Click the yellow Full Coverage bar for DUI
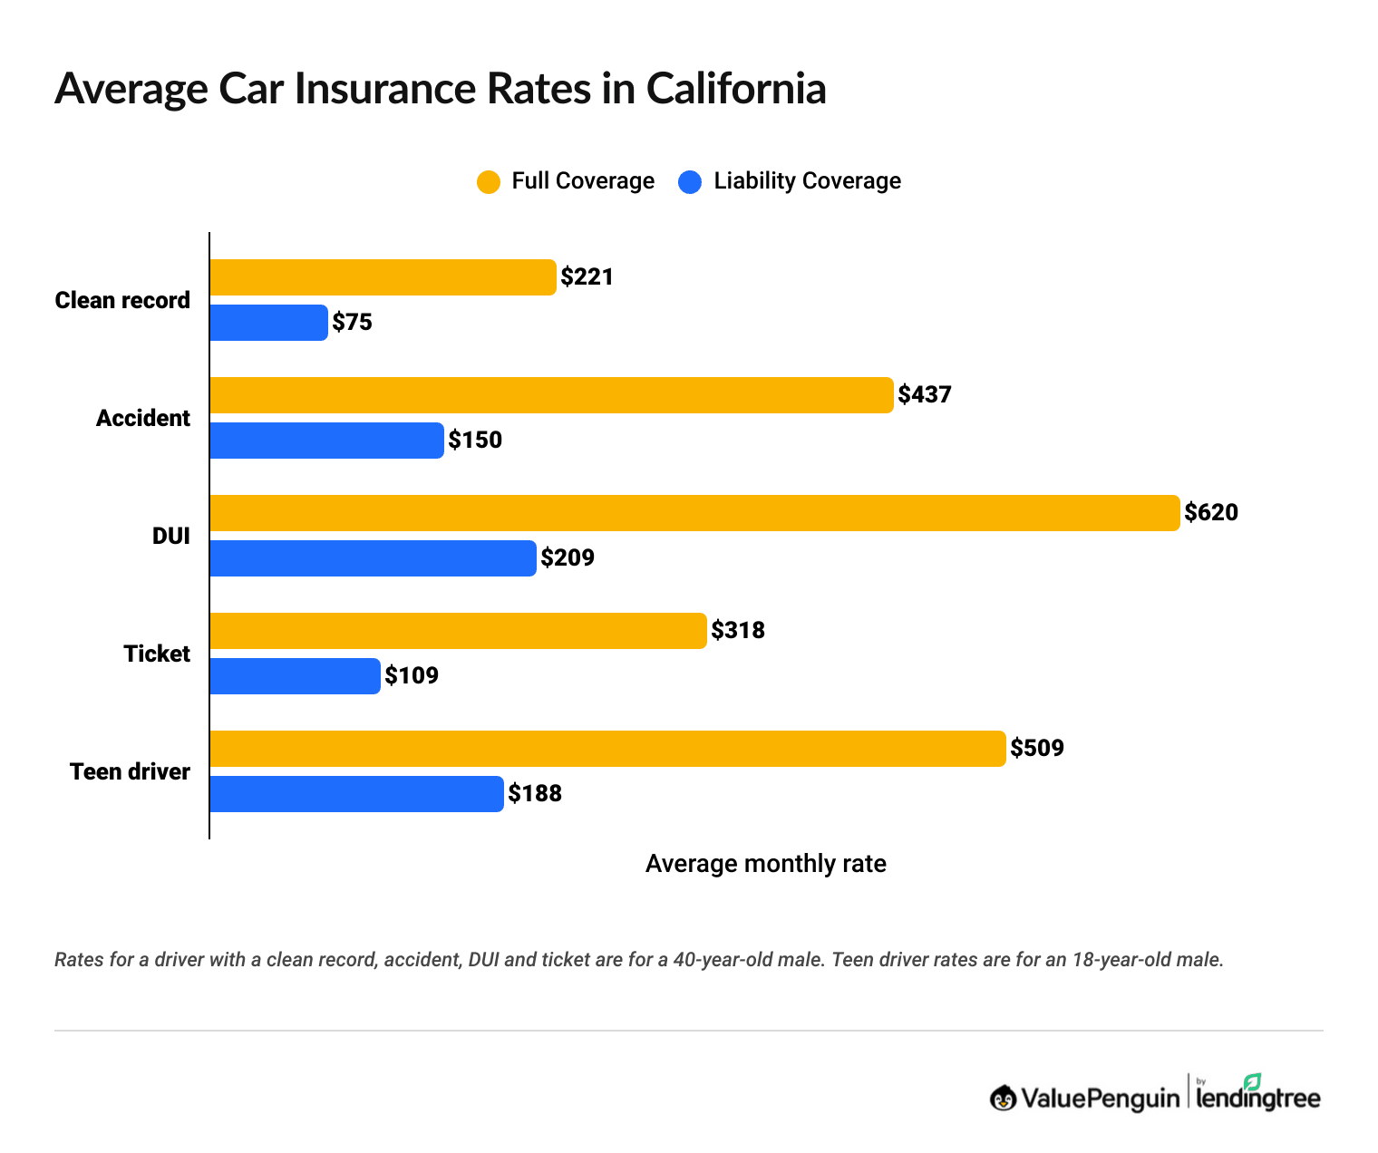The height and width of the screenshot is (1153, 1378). pos(694,513)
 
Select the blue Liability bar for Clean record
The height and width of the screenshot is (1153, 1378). pos(268,323)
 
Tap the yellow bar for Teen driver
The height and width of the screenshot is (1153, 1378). pos(607,749)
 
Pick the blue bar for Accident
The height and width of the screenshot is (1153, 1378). pos(326,441)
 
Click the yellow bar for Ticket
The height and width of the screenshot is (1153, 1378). pos(458,631)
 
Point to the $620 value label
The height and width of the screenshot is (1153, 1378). pos(1211,513)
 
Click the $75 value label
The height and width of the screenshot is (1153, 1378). pos(353,323)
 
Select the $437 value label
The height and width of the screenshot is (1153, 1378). pos(925,395)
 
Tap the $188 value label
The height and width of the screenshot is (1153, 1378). pos(535,794)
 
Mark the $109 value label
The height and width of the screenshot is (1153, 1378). pos(412,676)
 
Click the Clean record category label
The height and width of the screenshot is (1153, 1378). pos(122,300)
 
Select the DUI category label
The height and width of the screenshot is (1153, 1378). pos(171,536)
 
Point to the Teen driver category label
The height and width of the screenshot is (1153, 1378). pos(130,771)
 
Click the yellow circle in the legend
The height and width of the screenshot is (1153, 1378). pos(489,181)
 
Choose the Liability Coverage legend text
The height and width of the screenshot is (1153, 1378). pos(807,181)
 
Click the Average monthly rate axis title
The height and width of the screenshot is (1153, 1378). pos(765,864)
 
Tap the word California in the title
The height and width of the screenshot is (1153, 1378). pos(735,89)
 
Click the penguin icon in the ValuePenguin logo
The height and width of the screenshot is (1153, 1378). pos(1003,1098)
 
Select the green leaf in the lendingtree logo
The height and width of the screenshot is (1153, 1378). pos(1252,1081)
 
